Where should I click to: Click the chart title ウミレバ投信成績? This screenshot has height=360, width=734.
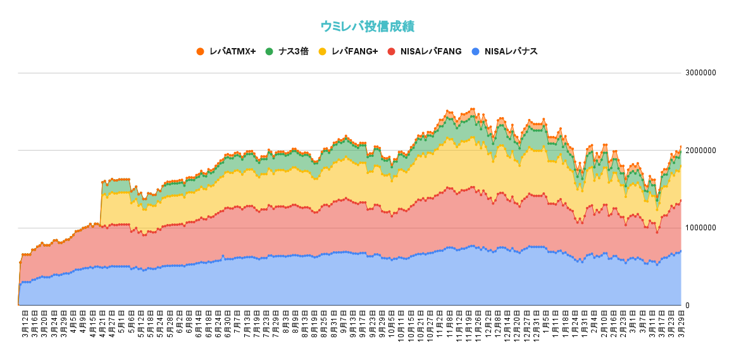[x=367, y=27]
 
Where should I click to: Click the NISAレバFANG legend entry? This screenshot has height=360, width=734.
[x=430, y=51]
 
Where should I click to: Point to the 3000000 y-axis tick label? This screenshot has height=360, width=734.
[x=700, y=73]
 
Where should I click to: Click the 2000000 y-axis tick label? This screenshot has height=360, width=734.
[x=700, y=151]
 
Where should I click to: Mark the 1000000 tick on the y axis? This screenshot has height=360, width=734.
[x=700, y=228]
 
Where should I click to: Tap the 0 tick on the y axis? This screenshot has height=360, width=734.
[x=688, y=306]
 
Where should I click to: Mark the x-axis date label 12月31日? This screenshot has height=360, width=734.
[x=537, y=326]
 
